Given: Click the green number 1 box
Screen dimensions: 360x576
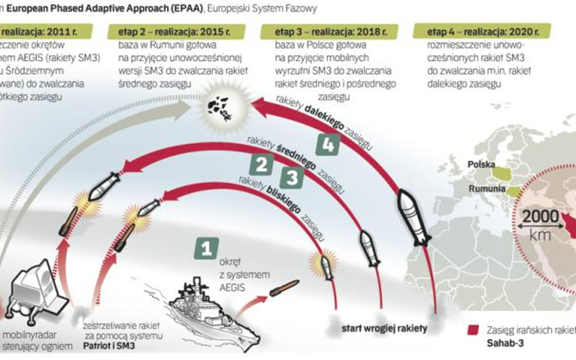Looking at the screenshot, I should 206,248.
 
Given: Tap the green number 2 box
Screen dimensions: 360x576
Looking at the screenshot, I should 261,163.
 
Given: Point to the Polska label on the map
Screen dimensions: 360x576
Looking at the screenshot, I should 481,164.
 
